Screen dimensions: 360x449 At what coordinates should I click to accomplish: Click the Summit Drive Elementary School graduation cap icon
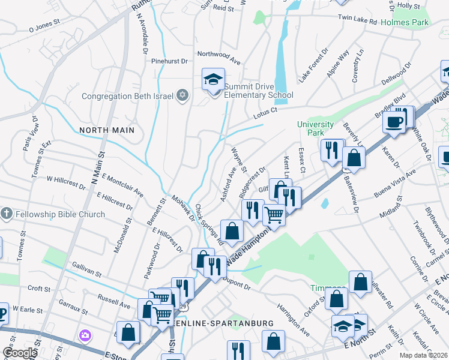(212, 79)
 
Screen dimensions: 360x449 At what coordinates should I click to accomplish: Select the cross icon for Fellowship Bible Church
(6, 214)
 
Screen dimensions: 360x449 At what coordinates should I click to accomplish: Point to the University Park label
(315, 128)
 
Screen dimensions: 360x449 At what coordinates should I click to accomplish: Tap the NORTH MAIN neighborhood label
(106, 130)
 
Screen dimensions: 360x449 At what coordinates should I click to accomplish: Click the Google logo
(19, 353)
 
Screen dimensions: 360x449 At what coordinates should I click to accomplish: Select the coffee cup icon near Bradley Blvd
(394, 121)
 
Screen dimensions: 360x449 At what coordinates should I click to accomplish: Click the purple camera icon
(85, 335)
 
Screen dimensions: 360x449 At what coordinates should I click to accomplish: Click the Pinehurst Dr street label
(171, 61)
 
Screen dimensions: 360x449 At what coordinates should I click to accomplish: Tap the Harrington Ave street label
(294, 319)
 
